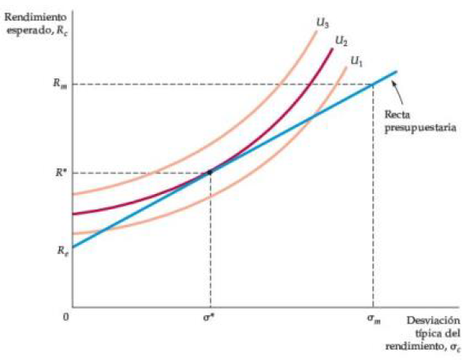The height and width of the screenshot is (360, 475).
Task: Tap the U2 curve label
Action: pyautogui.click(x=341, y=40)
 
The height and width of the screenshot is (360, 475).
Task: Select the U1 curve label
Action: pyautogui.click(x=357, y=60)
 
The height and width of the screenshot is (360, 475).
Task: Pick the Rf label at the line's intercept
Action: pyautogui.click(x=60, y=249)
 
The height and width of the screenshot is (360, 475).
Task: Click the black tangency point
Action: pyautogui.click(x=210, y=171)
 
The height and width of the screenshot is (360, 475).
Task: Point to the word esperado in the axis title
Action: pyautogui.click(x=28, y=29)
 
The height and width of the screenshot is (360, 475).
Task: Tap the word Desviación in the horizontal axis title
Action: pyautogui.click(x=432, y=320)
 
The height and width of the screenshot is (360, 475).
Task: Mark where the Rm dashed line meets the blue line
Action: pyautogui.click(x=373, y=84)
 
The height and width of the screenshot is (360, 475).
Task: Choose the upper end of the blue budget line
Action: pyautogui.click(x=397, y=71)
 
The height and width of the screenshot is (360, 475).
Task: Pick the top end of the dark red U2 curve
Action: pyautogui.click(x=332, y=50)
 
